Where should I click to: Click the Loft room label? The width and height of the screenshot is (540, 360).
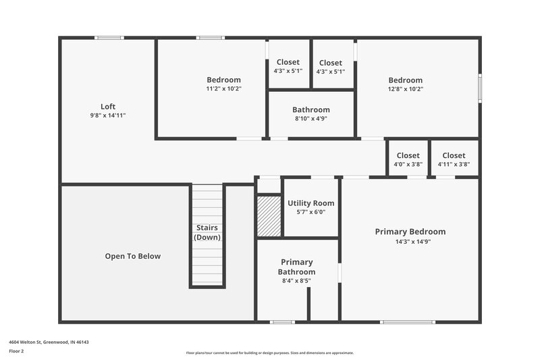[108, 106]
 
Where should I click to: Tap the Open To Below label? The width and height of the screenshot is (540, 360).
[133, 256]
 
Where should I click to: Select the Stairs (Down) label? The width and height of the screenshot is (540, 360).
[207, 232]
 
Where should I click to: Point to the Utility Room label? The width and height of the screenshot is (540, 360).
[310, 203]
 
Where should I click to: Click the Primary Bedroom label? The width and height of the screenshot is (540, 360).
[410, 232]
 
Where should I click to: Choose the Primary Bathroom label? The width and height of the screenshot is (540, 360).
[296, 267]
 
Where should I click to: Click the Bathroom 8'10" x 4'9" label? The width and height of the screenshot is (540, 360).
[310, 109]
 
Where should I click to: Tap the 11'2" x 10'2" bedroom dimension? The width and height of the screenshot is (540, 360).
[223, 88]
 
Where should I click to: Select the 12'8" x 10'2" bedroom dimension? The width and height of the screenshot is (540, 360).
[405, 88]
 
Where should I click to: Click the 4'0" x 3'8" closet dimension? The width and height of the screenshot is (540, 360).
[408, 164]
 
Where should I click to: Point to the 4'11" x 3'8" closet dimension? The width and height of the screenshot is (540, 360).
[454, 164]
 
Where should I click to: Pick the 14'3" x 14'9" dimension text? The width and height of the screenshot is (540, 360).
[410, 241]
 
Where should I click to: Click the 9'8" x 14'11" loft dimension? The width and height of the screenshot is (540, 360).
[108, 115]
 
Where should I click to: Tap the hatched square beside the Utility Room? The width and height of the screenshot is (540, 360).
[269, 216]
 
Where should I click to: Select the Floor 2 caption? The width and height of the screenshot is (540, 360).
[17, 351]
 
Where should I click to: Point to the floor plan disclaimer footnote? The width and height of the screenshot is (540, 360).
[270, 353]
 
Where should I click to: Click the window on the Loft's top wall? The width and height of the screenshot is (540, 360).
[109, 38]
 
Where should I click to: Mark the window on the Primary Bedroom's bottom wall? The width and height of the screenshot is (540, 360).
[407, 322]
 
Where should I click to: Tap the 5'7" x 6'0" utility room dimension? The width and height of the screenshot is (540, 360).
[310, 211]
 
